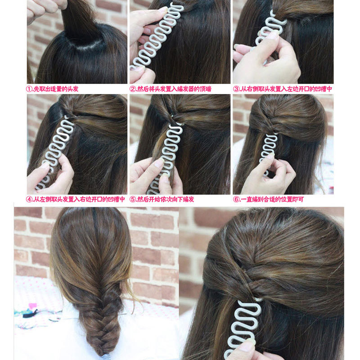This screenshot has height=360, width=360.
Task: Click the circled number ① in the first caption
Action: coord(30,89)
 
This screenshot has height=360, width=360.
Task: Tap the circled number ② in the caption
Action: coord(133,89)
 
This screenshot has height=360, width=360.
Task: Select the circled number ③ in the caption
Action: coord(236,89)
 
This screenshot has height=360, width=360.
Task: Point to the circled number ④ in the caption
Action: coord(30,199)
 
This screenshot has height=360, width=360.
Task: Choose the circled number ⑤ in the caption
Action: coord(133,199)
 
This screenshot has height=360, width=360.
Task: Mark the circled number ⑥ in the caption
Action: coord(236,199)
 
